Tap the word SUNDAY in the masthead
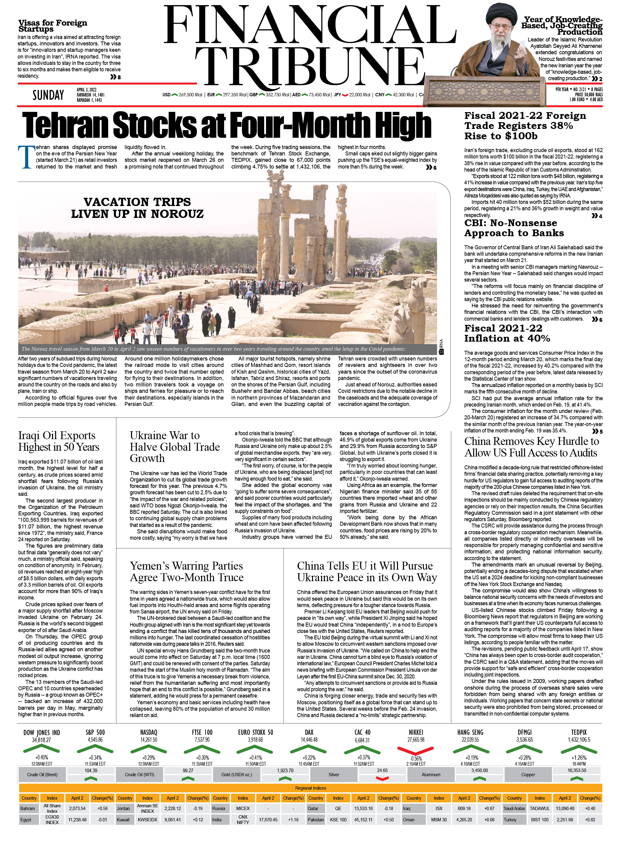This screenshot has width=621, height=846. (x=48, y=95)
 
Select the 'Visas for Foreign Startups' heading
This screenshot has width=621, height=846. (x=53, y=26)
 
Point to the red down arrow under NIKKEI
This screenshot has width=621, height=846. (x=415, y=751)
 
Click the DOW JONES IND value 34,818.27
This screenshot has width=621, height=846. (x=41, y=740)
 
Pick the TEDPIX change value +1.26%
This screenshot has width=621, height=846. (x=579, y=758)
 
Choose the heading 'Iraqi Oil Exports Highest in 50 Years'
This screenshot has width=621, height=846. (x=59, y=441)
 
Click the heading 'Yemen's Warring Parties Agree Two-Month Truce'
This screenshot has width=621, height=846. (x=186, y=571)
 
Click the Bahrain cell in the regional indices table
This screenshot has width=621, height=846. (x=28, y=809)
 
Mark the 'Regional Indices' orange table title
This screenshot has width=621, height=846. (x=310, y=788)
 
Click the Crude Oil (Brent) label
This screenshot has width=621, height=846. (x=42, y=775)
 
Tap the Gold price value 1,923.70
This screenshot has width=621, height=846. (x=285, y=770)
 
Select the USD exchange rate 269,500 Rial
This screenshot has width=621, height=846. (x=190, y=95)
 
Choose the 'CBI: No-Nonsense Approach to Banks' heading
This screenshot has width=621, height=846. (x=514, y=228)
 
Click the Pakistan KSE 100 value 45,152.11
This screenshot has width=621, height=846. (x=363, y=820)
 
